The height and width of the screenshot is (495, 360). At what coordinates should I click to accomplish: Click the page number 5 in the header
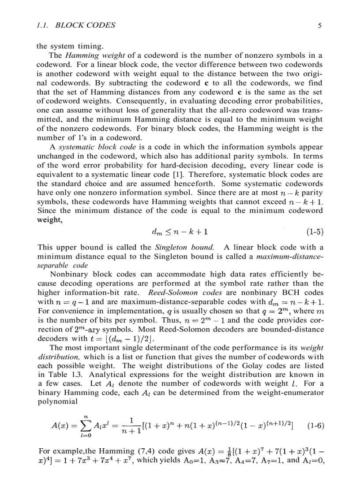(x=320, y=26)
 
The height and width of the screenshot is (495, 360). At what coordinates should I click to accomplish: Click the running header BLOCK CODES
(x=86, y=26)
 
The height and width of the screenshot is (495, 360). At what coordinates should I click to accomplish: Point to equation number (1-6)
(x=315, y=426)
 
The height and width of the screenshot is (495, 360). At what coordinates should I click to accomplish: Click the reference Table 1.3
(x=60, y=375)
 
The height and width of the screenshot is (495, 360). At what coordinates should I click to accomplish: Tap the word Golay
(x=266, y=366)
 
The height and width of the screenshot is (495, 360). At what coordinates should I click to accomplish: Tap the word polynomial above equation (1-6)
(x=58, y=401)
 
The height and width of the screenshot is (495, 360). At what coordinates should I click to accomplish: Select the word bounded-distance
(x=295, y=330)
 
